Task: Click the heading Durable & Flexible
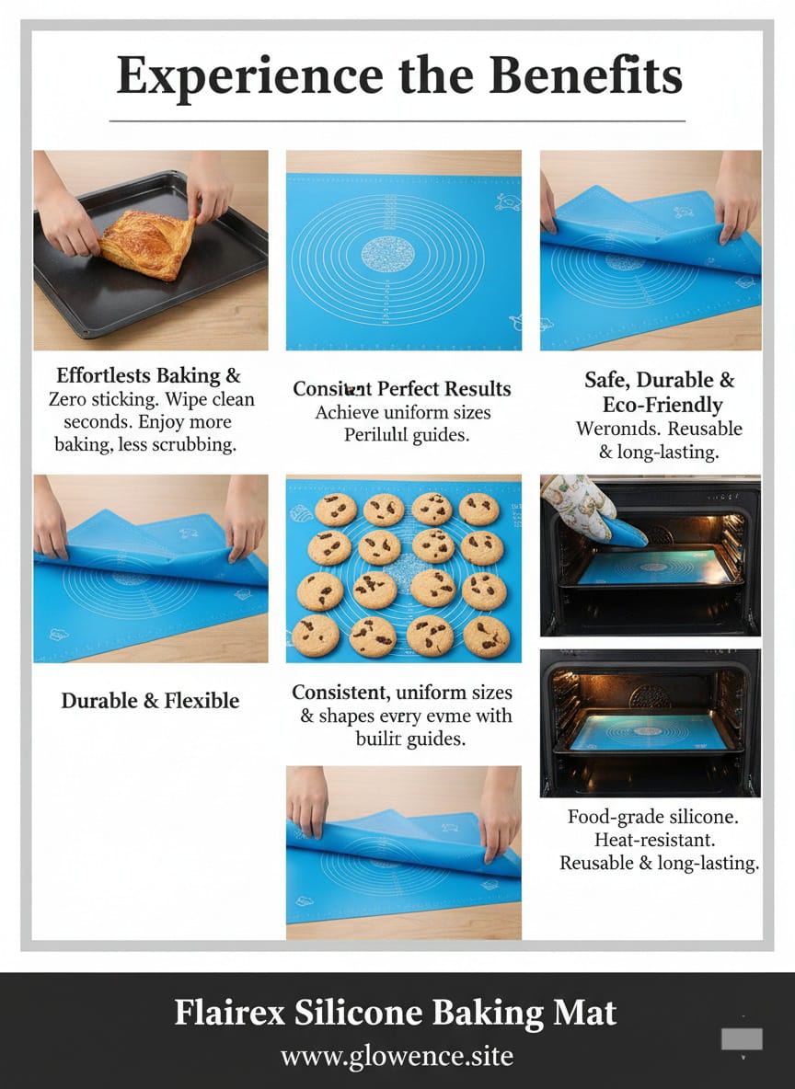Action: coord(150,701)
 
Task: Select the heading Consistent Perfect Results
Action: coord(401,389)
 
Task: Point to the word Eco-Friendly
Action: coord(662,405)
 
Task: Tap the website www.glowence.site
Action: coord(397,1055)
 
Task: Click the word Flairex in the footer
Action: coord(230,1013)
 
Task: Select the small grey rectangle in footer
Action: coord(742,1039)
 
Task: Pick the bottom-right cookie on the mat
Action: coord(486,635)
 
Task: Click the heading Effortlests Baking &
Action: coord(148,375)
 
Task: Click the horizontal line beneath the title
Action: coord(397,120)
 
